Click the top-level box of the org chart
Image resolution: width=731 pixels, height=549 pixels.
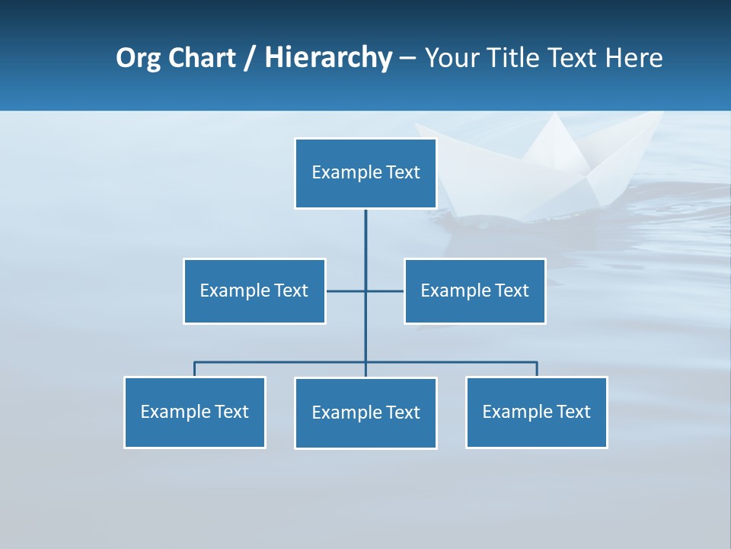(365, 173)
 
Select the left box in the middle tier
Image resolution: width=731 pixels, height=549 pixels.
(254, 291)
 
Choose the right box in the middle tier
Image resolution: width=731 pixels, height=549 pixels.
(474, 291)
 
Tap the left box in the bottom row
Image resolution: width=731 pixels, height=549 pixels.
(194, 413)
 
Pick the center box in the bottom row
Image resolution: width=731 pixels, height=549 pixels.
(365, 413)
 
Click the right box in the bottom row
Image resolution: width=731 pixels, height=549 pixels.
(536, 413)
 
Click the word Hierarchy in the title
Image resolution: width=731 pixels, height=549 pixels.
(328, 58)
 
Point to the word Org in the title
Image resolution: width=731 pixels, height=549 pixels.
(138, 58)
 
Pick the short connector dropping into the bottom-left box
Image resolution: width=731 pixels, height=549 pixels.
(194, 369)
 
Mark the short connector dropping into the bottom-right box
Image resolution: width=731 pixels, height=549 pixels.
(537, 369)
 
